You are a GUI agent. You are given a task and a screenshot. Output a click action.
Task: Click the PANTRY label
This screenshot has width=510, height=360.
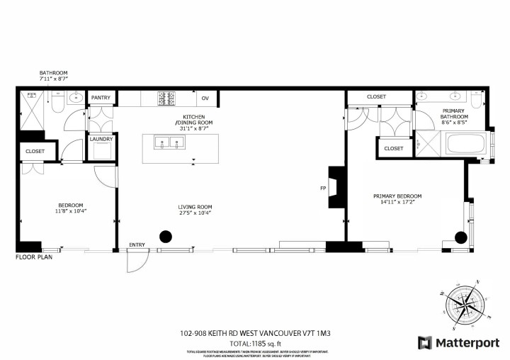tap(101, 99)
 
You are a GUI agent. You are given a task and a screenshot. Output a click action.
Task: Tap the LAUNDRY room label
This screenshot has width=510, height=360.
tap(101, 139)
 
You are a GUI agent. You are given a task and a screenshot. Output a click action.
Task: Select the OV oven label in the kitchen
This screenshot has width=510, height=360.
tap(205, 99)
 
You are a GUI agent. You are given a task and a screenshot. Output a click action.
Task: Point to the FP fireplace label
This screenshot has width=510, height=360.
tap(322, 189)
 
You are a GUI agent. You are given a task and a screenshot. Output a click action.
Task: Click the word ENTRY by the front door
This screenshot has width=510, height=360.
tap(137, 245)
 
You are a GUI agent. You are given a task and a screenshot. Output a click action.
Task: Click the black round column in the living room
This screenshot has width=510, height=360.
tap(166, 237)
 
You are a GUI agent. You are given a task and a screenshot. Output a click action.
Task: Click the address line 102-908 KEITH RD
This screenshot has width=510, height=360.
tap(254, 332)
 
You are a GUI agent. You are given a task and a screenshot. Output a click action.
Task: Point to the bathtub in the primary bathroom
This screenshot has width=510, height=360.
tap(465, 145)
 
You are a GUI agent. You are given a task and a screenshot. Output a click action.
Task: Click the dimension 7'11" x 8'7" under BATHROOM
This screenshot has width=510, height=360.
tap(54, 79)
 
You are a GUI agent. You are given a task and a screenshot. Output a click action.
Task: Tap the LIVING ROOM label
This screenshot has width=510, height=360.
tap(195, 207)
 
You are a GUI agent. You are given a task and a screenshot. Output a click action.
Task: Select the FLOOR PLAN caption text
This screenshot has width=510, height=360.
tap(35, 257)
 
